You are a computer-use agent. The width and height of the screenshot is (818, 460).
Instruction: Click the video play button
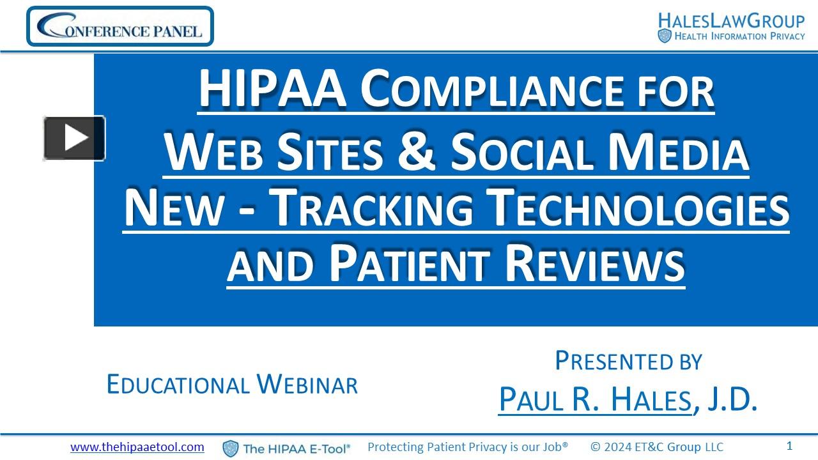74,138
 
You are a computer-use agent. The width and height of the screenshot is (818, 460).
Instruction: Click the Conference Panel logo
120,26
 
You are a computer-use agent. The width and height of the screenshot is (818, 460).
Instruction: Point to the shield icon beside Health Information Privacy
665,36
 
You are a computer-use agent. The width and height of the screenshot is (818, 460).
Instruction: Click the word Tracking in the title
371,209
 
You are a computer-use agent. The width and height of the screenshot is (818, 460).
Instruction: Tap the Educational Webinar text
232,384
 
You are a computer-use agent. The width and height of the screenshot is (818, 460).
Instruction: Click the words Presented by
628,361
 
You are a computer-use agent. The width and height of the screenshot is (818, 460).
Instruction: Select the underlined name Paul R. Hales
594,400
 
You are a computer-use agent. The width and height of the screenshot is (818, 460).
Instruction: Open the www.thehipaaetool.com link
137,447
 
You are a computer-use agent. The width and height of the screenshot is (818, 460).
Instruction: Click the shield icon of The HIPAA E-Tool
231,448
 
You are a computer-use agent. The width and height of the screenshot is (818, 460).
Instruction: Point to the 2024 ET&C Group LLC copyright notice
657,447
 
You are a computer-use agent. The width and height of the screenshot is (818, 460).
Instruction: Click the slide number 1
789,446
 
